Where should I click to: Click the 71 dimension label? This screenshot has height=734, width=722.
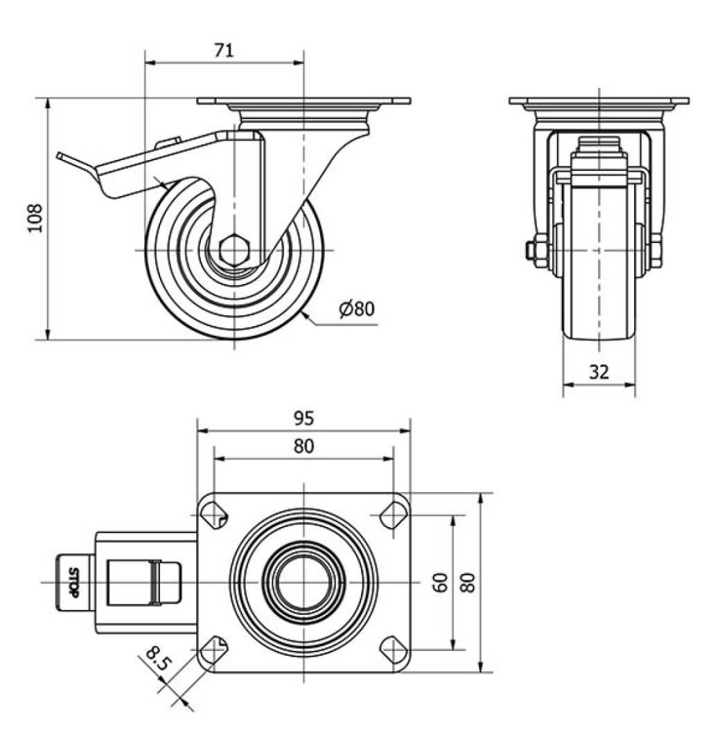click(x=224, y=50)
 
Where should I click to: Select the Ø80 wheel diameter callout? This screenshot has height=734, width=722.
click(x=357, y=308)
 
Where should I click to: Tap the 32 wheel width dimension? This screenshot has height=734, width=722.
click(x=599, y=372)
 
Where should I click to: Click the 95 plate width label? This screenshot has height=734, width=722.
click(x=303, y=418)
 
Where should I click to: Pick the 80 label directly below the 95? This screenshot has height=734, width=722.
click(x=303, y=447)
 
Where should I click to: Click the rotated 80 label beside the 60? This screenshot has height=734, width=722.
click(x=469, y=582)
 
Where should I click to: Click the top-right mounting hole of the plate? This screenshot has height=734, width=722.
click(x=393, y=514)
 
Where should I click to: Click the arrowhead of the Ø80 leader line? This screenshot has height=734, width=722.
click(x=306, y=316)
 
